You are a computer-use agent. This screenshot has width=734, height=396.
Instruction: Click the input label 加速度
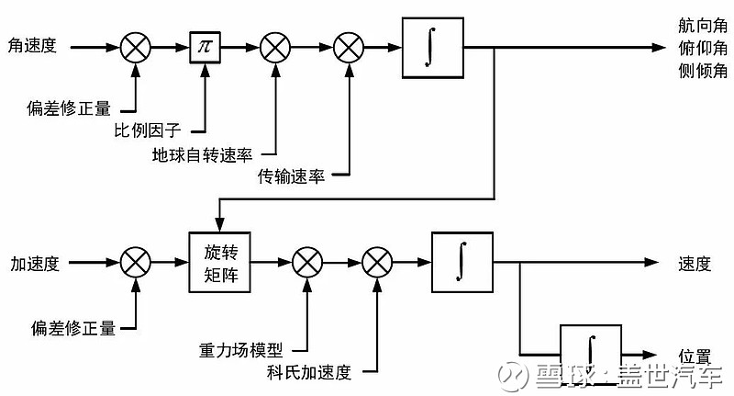pos(34,264)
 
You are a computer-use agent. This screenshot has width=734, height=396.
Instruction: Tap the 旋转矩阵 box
pos(220,262)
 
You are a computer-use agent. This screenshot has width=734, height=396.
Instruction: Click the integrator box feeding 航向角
pos(431,47)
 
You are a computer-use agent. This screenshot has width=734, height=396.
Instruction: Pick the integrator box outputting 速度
pos(462,263)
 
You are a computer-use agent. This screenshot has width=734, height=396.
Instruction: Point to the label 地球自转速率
pos(202,153)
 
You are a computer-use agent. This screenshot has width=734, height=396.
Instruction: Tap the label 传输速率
pos(291,175)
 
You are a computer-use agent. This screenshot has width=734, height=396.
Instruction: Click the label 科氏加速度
pos(309,372)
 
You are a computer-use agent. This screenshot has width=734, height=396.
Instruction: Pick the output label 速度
pos(695,264)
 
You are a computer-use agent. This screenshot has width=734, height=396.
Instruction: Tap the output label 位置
pos(695,355)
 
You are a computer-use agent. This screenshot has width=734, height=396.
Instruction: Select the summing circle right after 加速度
pos(136,264)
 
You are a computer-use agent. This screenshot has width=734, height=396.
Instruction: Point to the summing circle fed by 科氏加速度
pos(376,264)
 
